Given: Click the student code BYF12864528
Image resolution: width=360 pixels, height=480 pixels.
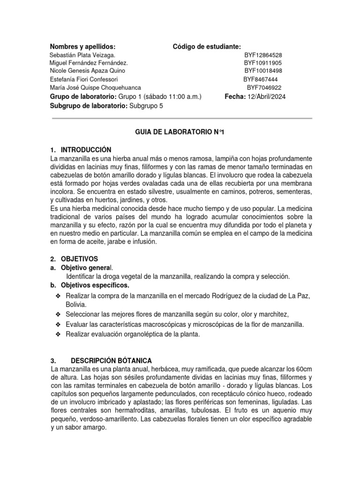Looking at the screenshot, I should click(262, 55).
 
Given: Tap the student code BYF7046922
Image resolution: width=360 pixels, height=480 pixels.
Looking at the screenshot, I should click(264, 88).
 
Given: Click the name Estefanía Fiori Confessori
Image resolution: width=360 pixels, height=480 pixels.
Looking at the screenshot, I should click(84, 79).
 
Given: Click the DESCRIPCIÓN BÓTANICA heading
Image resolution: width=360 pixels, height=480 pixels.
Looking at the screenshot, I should click(111, 360).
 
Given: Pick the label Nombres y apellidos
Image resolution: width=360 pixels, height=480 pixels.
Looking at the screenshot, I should click(82, 46).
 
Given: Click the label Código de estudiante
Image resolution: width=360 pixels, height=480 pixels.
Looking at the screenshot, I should click(207, 46).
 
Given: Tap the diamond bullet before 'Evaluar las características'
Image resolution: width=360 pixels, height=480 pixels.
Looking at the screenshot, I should click(58, 324).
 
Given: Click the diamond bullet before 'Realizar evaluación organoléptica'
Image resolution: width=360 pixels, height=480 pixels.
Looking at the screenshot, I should click(58, 335).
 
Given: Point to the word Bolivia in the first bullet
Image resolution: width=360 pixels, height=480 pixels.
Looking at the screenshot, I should click(76, 304).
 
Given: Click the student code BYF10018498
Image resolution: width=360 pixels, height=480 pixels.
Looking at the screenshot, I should click(263, 71).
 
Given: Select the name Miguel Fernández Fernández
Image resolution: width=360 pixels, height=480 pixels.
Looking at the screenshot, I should click(88, 63).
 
